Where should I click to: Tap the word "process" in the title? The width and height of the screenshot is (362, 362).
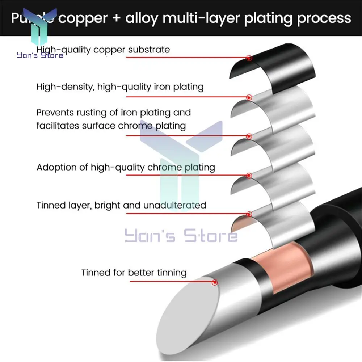coord(324,18)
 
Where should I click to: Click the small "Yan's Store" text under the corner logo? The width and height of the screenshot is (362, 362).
coord(40,55)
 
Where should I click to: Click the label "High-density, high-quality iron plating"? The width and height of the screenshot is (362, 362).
coord(120,87)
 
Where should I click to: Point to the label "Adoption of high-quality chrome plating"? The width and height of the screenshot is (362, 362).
coord(126,167)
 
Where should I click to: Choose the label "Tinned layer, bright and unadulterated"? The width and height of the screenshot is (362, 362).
coord(121,205)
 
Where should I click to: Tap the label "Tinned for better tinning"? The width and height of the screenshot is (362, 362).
coord(134,272)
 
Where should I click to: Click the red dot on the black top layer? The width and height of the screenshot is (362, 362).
coord(249,58)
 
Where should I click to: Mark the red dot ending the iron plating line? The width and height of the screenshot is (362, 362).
coord(249,97)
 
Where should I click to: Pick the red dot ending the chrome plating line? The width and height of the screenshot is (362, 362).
coord(249,176)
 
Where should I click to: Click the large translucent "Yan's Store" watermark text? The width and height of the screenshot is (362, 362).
coord(181,235)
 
